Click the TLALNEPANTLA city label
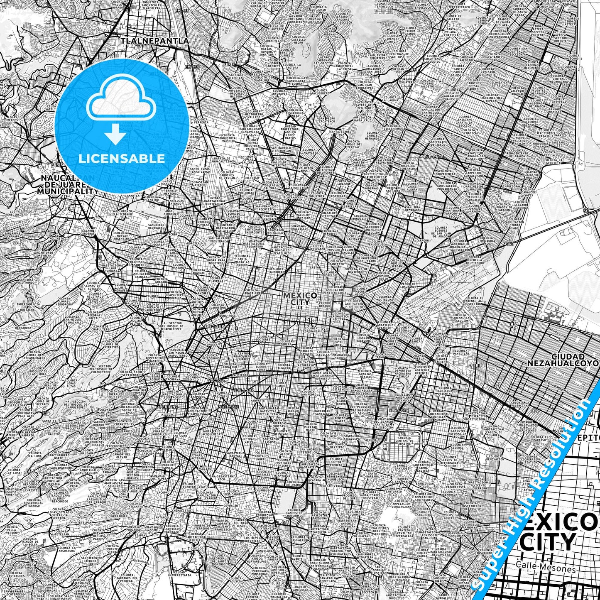pos(154,41)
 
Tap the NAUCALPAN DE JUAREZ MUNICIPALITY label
pos(66,185)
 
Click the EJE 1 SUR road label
pos(214,327)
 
